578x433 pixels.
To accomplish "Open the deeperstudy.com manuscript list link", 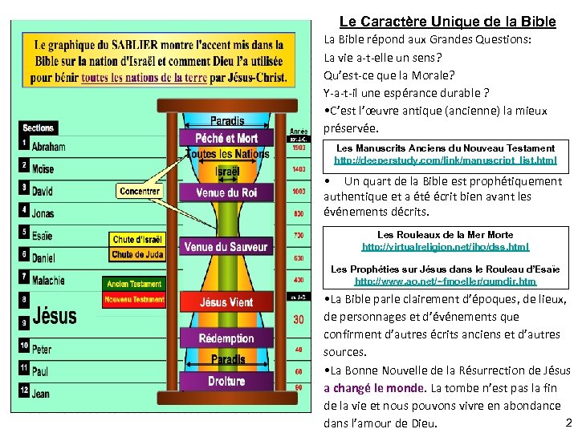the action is pyautogui.click(x=446, y=161).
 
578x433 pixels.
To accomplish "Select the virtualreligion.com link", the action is pyautogui.click(x=446, y=247).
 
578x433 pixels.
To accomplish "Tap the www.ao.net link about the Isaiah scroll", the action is pyautogui.click(x=446, y=281).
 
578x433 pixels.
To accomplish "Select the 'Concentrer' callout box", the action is pyautogui.click(x=139, y=192).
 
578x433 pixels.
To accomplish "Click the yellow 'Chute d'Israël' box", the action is pyautogui.click(x=137, y=240).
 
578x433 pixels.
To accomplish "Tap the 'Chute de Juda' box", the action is pyautogui.click(x=137, y=255).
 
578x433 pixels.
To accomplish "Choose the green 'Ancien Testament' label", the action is pyautogui.click(x=134, y=284).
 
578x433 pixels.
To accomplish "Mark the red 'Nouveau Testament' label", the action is pyautogui.click(x=134, y=300).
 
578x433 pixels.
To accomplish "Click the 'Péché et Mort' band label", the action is pyautogui.click(x=226, y=138).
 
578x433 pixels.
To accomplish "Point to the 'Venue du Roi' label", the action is pyautogui.click(x=226, y=192).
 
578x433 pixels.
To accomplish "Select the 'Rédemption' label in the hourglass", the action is pyautogui.click(x=226, y=338).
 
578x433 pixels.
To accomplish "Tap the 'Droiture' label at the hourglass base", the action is pyautogui.click(x=226, y=382).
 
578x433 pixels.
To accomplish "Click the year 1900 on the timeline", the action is pyautogui.click(x=299, y=148).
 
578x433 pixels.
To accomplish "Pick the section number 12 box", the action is pyautogui.click(x=24, y=391).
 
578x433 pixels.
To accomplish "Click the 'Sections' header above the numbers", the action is pyautogui.click(x=39, y=127).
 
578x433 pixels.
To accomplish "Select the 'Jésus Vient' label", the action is pyautogui.click(x=226, y=302).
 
